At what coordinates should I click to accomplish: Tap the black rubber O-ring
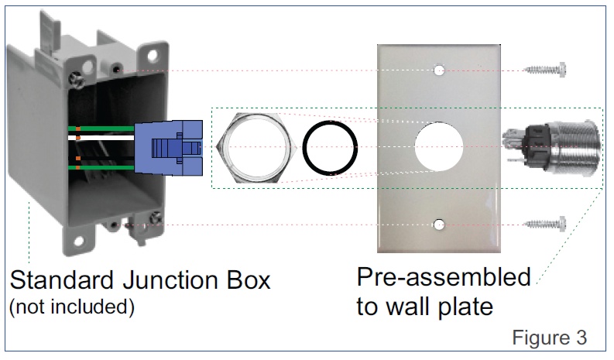point(331,147)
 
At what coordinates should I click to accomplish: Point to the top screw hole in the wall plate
point(439,70)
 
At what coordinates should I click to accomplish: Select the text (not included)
point(71,307)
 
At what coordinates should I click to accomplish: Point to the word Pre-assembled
point(444,277)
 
